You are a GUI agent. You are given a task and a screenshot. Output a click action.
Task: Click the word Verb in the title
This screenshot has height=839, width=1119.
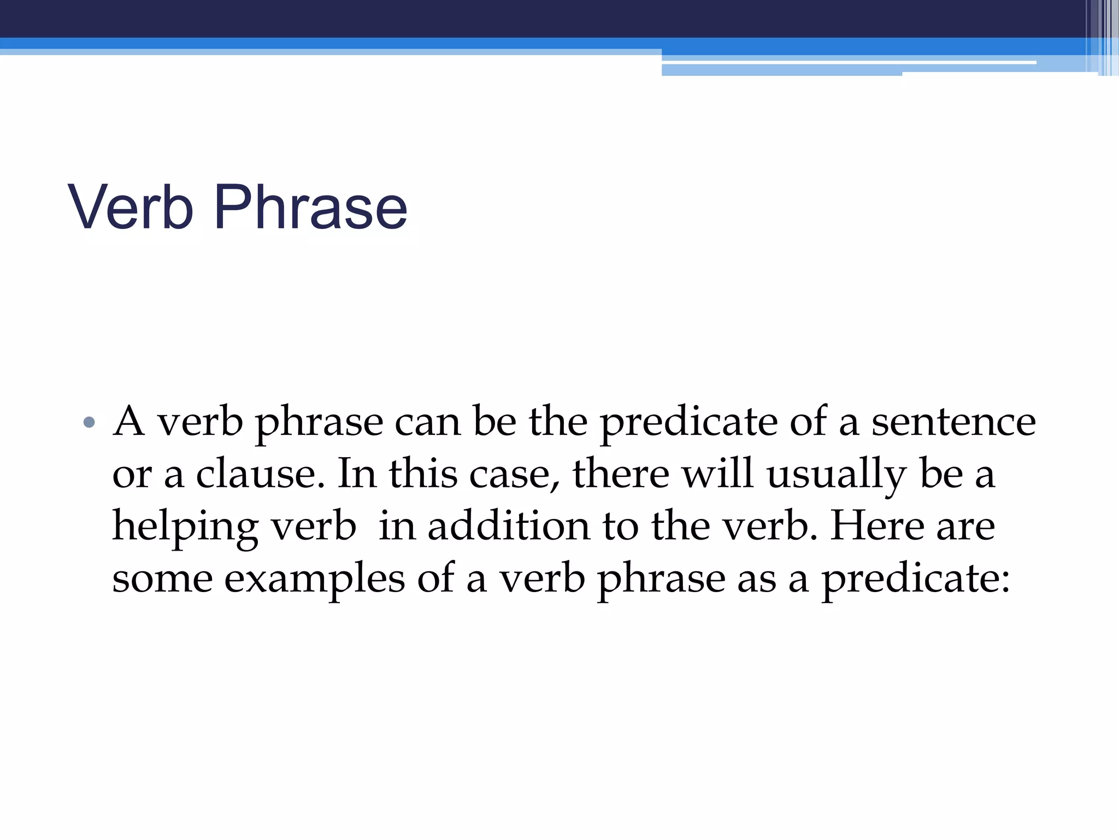click(x=131, y=208)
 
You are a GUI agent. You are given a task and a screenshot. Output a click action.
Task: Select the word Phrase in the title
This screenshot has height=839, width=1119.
click(x=310, y=208)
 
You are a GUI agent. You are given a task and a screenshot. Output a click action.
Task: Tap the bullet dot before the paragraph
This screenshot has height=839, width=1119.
click(x=89, y=422)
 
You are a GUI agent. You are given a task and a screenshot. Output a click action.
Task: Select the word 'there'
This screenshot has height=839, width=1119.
click(x=621, y=474)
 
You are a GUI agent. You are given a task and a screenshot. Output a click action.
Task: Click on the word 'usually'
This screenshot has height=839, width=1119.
click(x=836, y=474)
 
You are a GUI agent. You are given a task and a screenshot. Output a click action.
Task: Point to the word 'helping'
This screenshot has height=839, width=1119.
click(x=185, y=527)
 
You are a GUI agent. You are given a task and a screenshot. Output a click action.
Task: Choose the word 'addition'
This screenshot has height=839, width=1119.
click(x=509, y=527)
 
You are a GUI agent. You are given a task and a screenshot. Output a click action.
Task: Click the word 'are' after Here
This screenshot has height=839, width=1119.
click(x=966, y=527)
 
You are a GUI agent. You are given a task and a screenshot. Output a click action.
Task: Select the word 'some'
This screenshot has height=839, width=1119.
click(x=162, y=578)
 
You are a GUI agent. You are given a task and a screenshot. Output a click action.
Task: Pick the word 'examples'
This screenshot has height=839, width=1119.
click(x=315, y=578)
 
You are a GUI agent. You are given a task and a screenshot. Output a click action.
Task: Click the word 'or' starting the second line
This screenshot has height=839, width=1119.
click(x=132, y=474)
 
